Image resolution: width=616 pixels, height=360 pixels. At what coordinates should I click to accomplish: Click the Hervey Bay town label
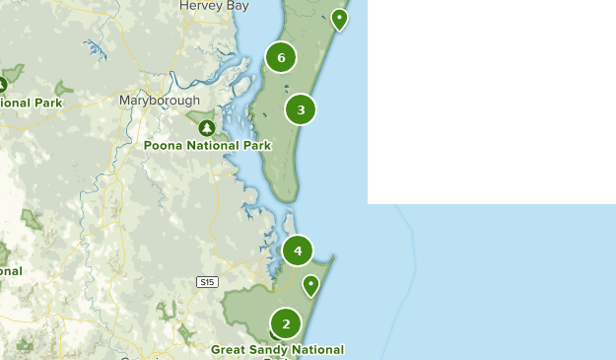tap(213, 6)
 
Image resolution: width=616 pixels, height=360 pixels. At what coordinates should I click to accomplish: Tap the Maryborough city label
tap(160, 101)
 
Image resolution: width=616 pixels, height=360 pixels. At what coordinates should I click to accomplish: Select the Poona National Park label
tap(207, 146)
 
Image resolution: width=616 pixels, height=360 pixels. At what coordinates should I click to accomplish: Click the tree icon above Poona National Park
tap(206, 128)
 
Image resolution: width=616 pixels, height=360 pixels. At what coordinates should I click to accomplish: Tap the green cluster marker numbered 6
tap(281, 58)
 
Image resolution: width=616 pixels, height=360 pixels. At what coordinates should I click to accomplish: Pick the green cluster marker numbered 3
tap(301, 109)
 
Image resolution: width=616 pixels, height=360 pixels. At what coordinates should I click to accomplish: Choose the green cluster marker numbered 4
tap(298, 251)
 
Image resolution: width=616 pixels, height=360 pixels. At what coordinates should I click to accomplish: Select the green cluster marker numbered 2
tap(286, 323)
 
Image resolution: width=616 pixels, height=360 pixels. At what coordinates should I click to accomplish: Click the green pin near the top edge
tap(339, 18)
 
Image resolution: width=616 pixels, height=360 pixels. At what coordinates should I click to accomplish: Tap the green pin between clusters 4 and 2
tap(311, 284)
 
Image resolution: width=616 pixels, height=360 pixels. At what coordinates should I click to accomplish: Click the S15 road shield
tap(206, 282)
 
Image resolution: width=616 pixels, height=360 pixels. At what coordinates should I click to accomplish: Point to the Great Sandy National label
tap(277, 350)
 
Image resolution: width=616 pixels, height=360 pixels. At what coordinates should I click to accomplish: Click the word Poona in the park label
tap(163, 146)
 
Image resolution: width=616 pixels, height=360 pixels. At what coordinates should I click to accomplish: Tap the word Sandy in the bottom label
tap(269, 350)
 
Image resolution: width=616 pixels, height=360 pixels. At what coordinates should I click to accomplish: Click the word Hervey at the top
tap(199, 6)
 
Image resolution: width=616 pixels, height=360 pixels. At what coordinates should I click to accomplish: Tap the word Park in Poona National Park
tap(255, 146)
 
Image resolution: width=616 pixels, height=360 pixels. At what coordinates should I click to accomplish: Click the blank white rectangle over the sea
tap(491, 99)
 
